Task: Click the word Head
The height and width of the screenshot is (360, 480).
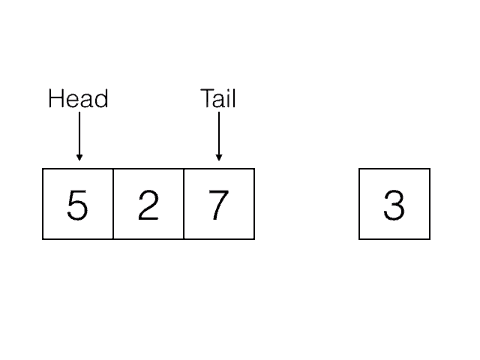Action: tap(78, 98)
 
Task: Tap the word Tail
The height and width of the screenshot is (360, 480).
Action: tap(218, 98)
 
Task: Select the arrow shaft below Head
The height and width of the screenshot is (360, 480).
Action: tap(79, 133)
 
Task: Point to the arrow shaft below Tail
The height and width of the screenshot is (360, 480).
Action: tap(219, 133)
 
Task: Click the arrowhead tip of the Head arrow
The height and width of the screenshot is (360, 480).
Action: tap(79, 161)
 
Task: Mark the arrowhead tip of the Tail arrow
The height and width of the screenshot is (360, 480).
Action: tap(219, 161)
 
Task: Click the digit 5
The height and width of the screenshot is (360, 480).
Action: tap(77, 205)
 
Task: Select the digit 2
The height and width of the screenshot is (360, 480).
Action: tap(148, 205)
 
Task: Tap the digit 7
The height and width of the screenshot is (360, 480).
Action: tap(219, 205)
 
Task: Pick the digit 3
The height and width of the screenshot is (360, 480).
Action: tap(394, 205)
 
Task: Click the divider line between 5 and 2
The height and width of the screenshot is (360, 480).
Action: tap(113, 204)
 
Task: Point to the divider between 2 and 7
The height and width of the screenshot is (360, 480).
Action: tap(184, 204)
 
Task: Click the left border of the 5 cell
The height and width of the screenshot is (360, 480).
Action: tap(43, 204)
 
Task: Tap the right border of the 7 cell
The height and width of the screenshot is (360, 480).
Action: tap(254, 204)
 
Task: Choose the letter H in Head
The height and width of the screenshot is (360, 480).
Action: tap(55, 98)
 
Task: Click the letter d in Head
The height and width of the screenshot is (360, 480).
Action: tap(101, 98)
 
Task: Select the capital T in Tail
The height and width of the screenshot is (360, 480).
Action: tap(207, 98)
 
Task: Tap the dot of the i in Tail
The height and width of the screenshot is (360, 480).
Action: tap(229, 90)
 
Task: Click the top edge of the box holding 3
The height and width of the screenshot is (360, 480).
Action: tap(394, 169)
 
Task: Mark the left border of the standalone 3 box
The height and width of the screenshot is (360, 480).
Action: tap(359, 204)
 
